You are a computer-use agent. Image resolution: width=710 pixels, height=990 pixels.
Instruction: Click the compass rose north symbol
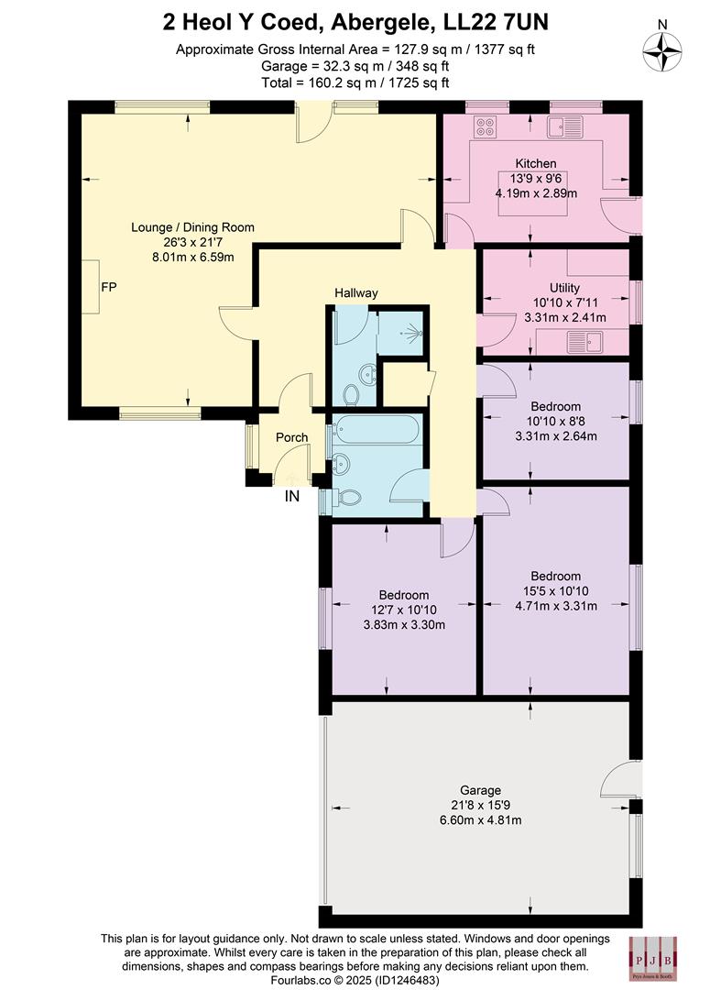pyautogui.click(x=662, y=50)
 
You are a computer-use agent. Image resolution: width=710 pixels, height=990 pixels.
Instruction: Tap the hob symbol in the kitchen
pyautogui.click(x=485, y=126)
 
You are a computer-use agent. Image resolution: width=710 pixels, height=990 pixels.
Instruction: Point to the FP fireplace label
pyautogui.click(x=109, y=287)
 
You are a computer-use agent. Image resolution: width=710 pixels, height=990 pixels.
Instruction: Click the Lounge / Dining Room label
pyautogui.click(x=192, y=227)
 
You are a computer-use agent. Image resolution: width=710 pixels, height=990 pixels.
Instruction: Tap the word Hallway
pyautogui.click(x=355, y=292)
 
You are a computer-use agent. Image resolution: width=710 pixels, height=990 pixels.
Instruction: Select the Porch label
pyautogui.click(x=292, y=437)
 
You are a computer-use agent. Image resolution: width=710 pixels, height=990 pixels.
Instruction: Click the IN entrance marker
pyautogui.click(x=292, y=497)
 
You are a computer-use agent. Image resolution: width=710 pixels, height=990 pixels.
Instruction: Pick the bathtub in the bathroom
pyautogui.click(x=377, y=429)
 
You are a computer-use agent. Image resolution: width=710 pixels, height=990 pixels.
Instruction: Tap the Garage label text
pyautogui.click(x=480, y=790)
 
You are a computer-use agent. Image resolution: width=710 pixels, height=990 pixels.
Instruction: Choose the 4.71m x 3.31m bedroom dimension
pyautogui.click(x=554, y=605)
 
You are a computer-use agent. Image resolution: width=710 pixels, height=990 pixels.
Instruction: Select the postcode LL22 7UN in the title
pyautogui.click(x=498, y=20)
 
